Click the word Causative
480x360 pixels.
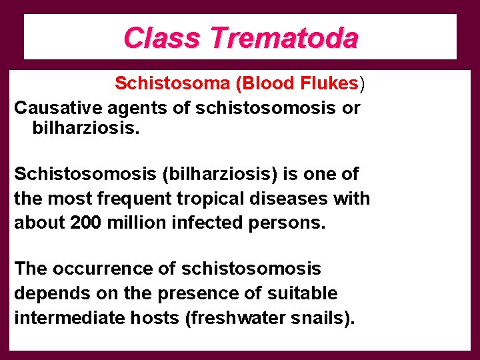[x=55, y=108]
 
